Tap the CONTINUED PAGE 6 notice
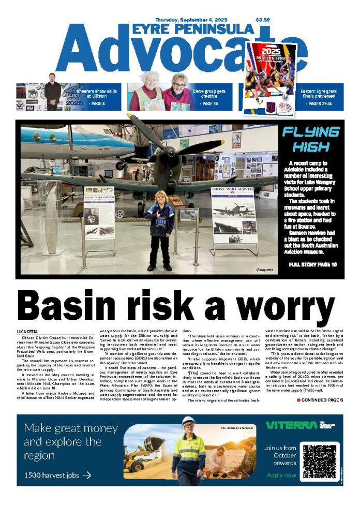tap(320, 400)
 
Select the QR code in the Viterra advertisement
tap(320, 461)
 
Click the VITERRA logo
tap(291, 425)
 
